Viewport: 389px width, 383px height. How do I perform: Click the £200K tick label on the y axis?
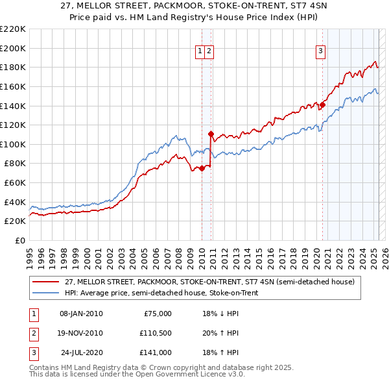[13, 48]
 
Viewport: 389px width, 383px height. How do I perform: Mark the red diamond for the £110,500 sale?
[211, 134]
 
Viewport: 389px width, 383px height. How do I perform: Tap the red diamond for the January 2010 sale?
[202, 168]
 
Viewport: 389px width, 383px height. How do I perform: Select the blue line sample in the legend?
[45, 293]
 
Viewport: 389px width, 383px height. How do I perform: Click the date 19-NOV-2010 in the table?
[80, 333]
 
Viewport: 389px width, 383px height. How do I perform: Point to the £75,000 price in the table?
[156, 314]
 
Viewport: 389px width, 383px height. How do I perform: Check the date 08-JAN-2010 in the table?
[80, 314]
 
